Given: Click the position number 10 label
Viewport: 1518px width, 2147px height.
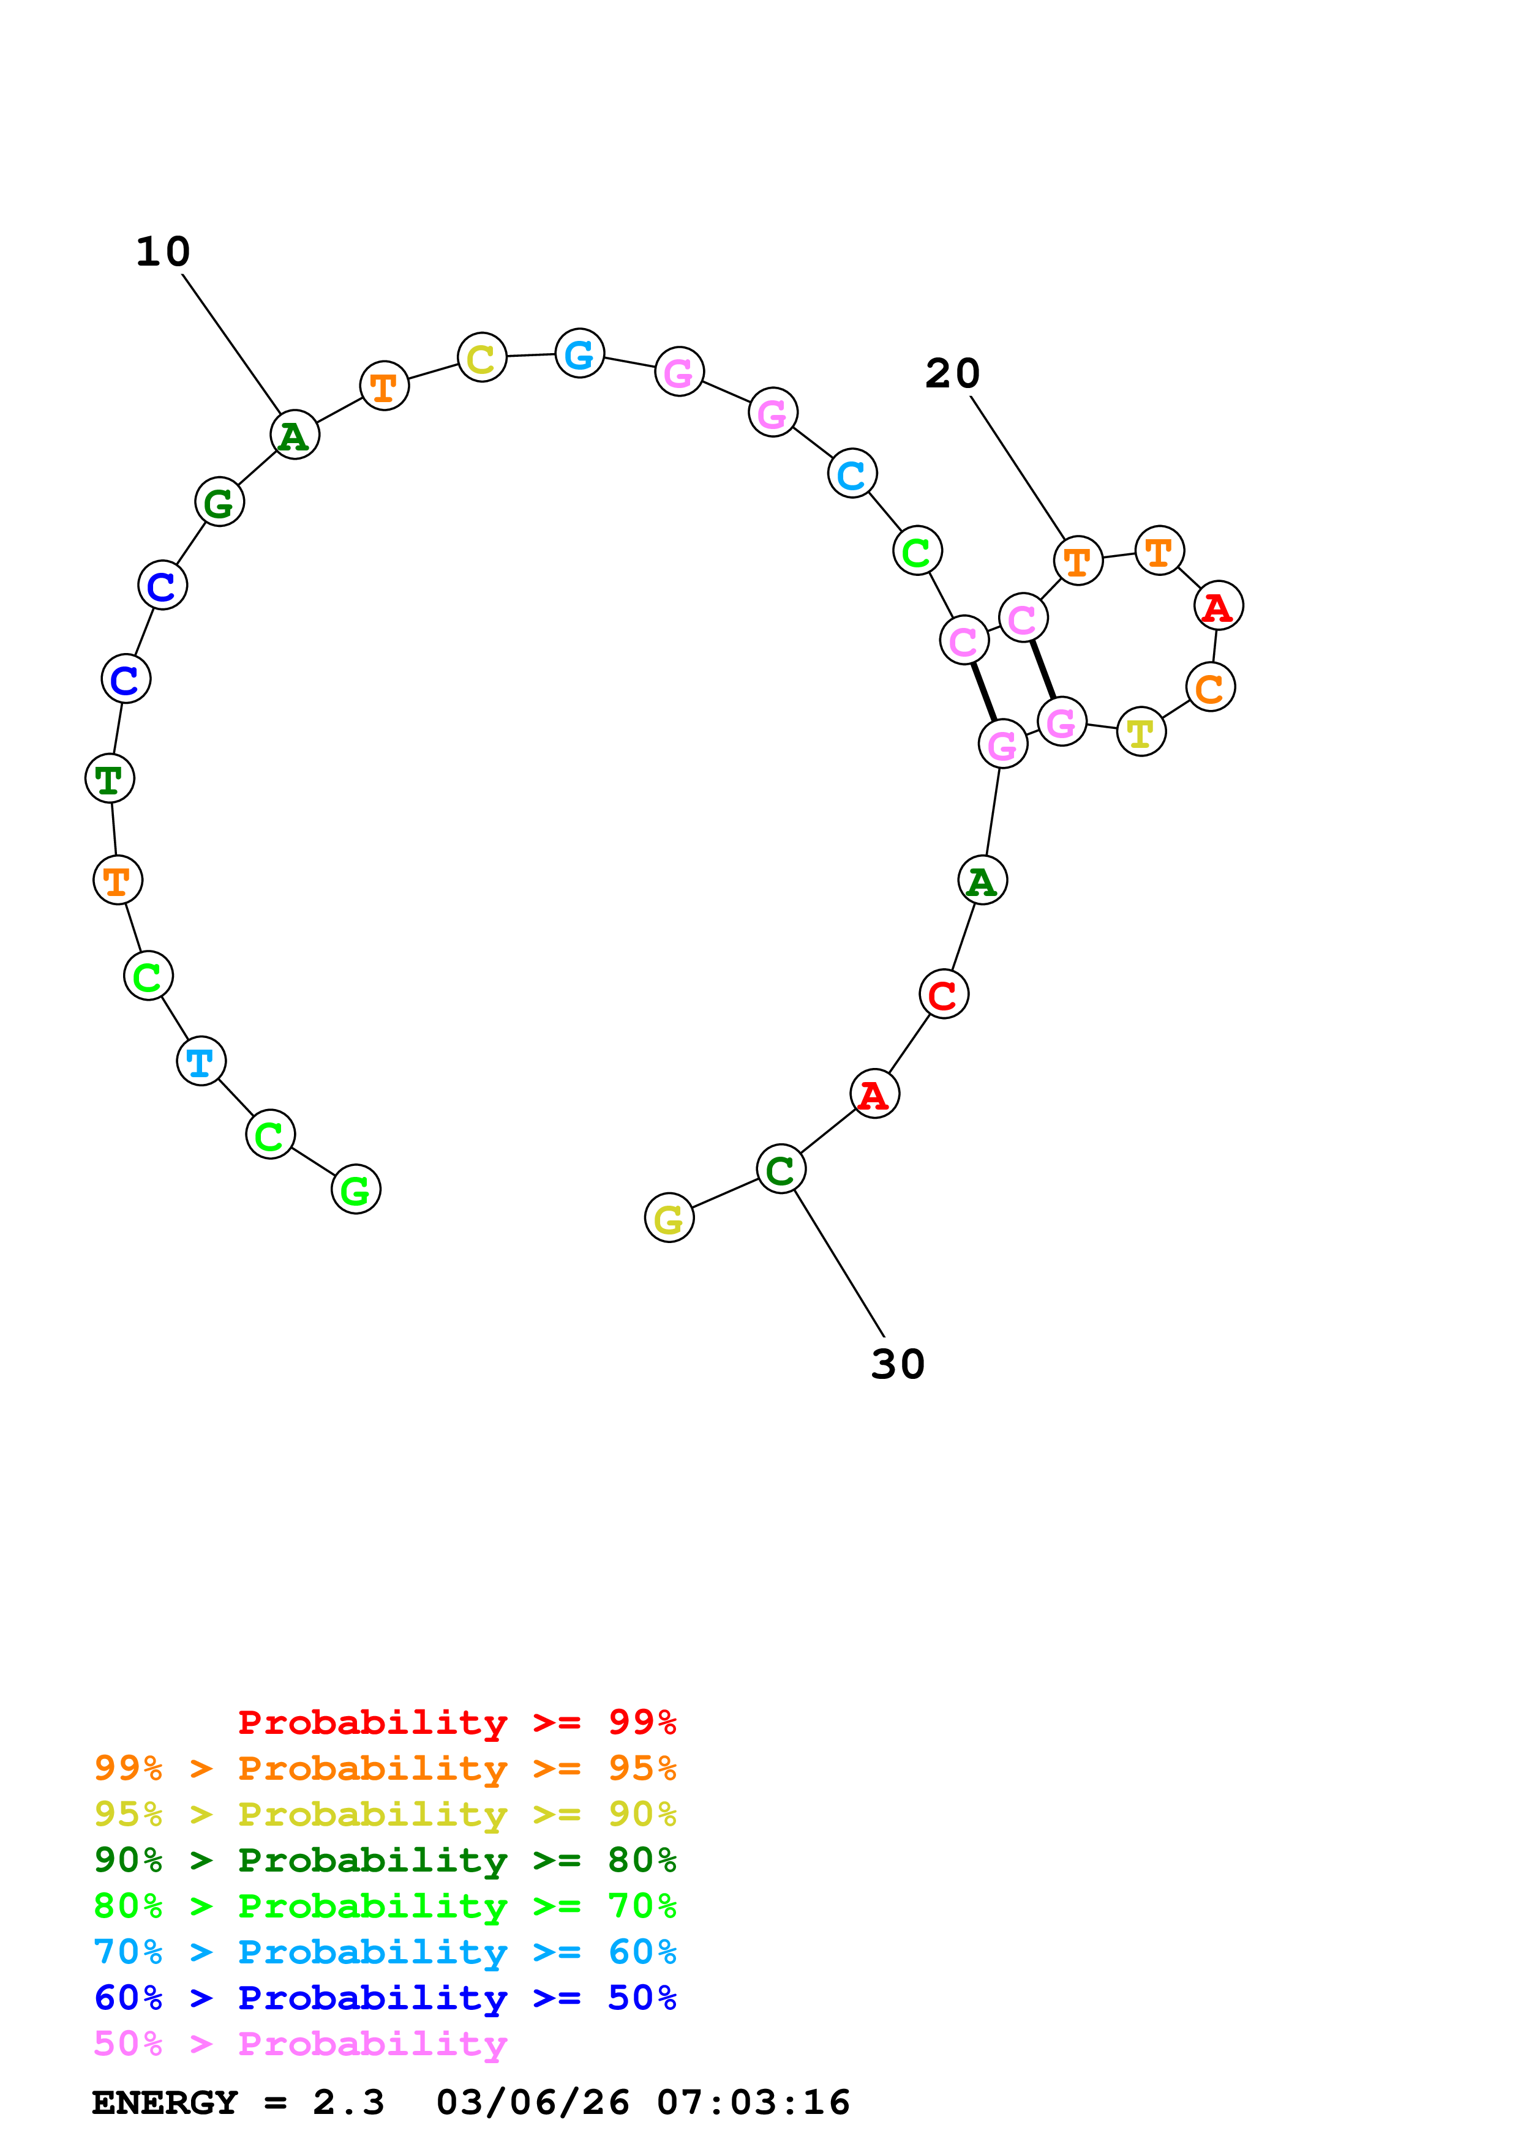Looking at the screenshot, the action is [163, 252].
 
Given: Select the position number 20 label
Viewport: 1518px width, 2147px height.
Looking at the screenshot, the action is [952, 374].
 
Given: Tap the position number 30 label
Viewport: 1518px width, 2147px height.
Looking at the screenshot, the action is [897, 1364].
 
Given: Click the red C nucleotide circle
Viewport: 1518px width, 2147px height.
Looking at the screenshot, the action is [943, 994].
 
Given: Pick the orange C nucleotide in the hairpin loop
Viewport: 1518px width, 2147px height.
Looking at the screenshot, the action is [1209, 687].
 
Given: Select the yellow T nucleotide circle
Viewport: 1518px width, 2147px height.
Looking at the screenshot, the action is [1140, 732].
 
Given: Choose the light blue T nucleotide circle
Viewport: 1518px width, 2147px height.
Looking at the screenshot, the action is [200, 1061].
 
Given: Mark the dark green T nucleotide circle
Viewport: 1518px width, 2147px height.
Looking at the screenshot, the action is [110, 778].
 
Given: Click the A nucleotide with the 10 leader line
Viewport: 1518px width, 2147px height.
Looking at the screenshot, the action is [295, 435].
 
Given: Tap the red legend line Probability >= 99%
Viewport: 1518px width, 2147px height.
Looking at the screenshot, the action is [456, 1722].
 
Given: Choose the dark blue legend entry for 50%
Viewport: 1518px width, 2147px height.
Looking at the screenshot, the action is [385, 1998].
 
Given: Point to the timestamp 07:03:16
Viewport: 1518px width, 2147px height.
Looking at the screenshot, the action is [753, 2103].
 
